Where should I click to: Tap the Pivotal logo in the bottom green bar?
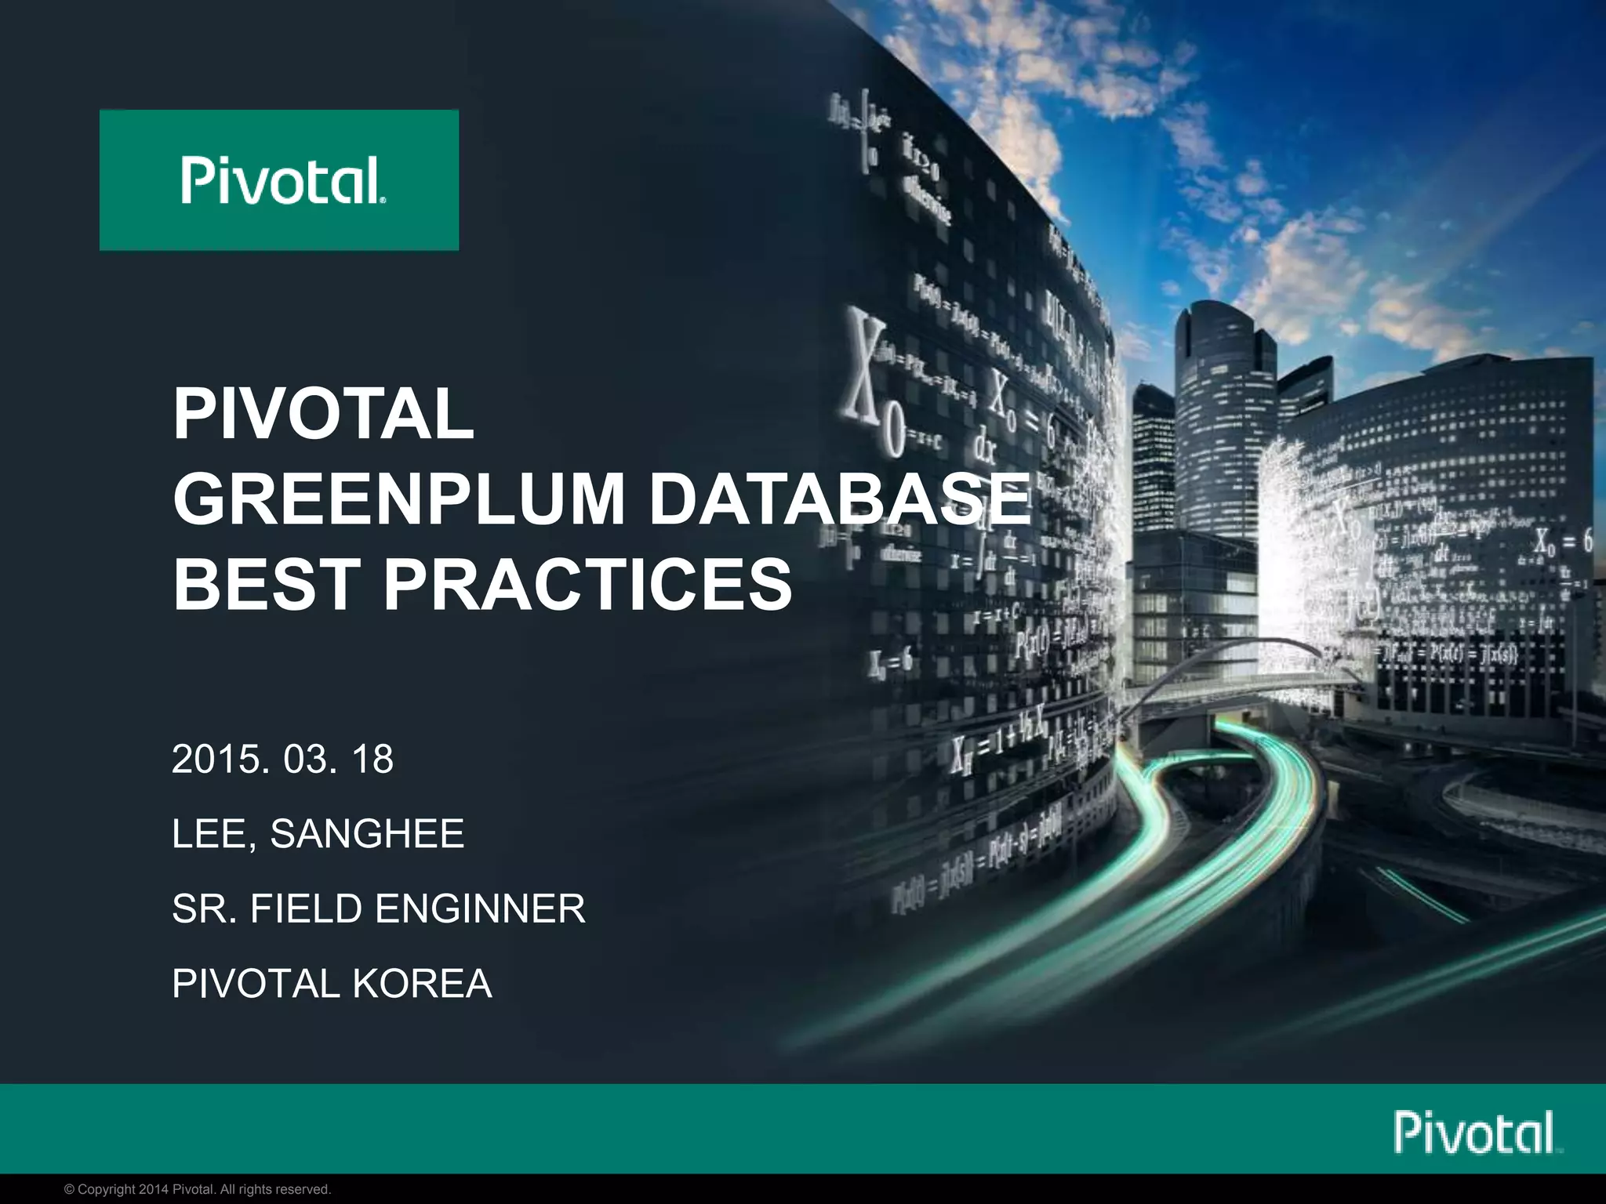1477,1132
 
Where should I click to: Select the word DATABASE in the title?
839,499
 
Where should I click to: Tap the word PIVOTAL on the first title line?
323,413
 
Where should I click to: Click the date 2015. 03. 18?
282,759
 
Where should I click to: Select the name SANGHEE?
367,833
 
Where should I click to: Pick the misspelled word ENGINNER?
480,908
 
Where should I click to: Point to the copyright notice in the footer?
198,1189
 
